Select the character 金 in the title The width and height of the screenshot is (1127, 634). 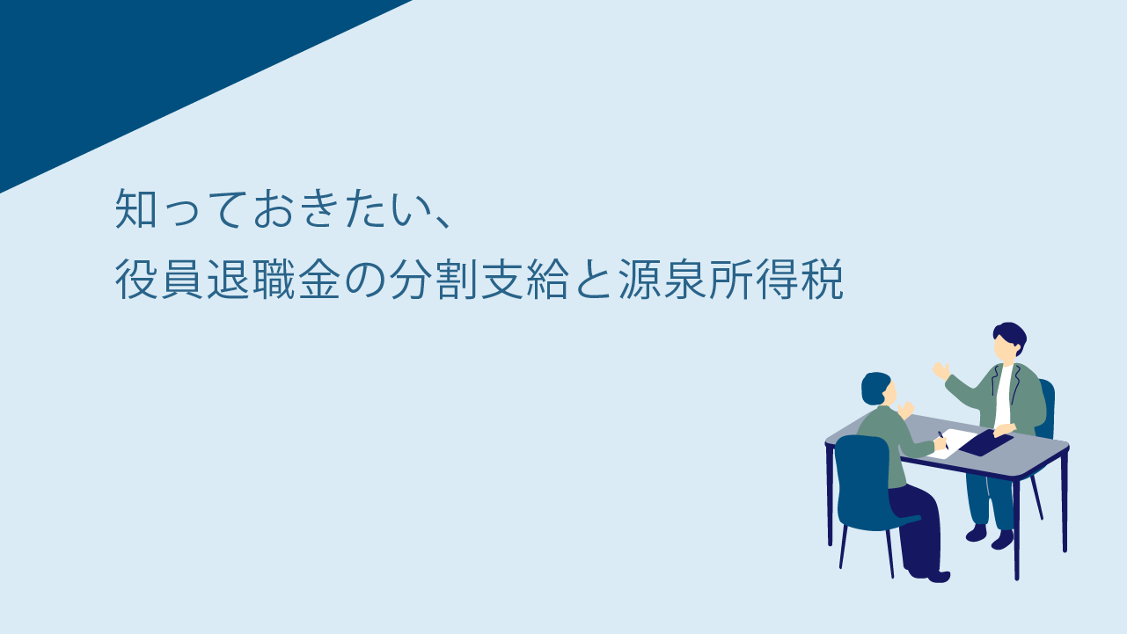pos(319,280)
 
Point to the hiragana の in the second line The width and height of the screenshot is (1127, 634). pos(365,280)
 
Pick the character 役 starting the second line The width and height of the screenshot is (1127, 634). pos(135,280)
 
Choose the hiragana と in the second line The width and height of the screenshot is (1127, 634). pos(593,280)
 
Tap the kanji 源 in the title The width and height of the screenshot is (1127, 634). pos(639,280)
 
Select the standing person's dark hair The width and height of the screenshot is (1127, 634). pos(1011,335)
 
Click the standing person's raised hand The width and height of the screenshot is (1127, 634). pos(940,370)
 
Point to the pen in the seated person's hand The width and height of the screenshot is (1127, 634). pos(943,440)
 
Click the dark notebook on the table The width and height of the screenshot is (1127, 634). pos(986,443)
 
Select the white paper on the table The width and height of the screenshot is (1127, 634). pos(953,443)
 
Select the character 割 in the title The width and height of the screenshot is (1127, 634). pos(457,280)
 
